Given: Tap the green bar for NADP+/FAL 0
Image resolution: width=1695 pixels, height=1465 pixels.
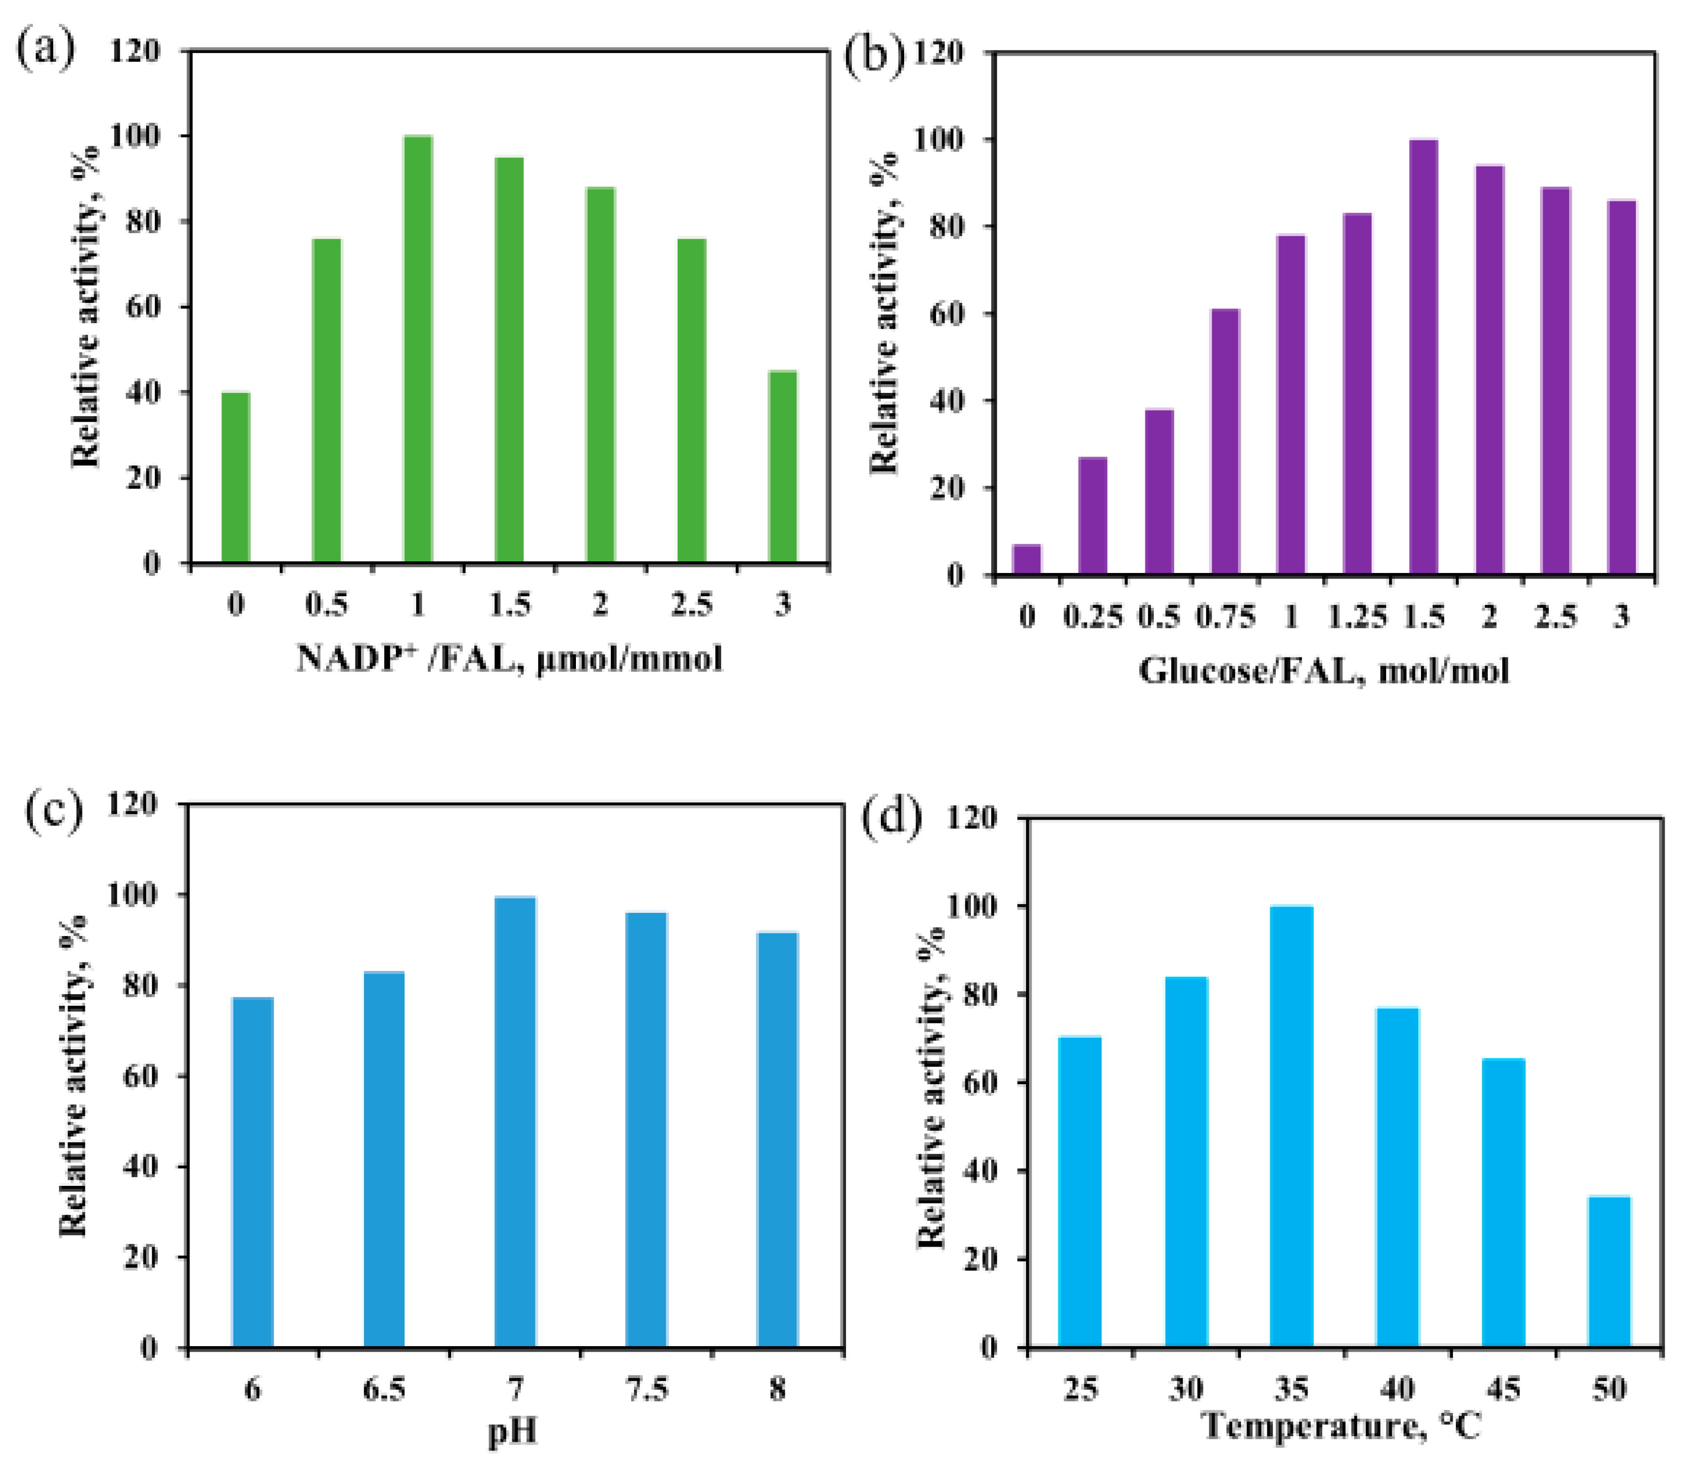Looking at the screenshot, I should point(236,478).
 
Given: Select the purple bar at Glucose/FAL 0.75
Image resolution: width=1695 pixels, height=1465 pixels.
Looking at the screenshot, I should point(1225,441).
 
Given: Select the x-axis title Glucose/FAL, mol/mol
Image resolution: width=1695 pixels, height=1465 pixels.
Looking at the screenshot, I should point(1324,671).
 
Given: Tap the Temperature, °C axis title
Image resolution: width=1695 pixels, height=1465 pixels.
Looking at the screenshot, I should point(1342,1426).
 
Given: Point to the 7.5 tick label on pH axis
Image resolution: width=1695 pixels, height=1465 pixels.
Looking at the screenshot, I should point(646,1388).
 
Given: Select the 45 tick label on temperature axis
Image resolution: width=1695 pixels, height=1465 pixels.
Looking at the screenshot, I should point(1503,1388).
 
